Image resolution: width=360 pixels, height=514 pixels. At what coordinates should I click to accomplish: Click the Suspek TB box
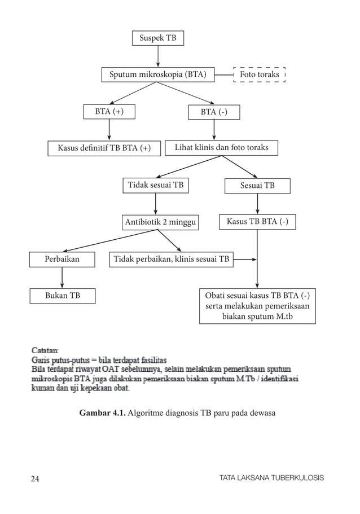157,38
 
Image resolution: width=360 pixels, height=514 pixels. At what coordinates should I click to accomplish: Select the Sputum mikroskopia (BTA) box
157,74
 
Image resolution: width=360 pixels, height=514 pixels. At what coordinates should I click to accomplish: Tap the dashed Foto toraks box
260,74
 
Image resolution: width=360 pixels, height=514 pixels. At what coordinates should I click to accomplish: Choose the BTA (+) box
109,112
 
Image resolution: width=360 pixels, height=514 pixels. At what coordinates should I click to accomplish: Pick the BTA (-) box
214,112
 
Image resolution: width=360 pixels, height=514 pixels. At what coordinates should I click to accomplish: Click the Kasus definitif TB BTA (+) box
104,148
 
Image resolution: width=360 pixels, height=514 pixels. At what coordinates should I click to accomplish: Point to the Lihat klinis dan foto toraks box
221,147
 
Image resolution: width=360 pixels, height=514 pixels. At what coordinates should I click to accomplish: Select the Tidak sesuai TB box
156,185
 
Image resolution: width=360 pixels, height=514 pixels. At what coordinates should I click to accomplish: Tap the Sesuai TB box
257,186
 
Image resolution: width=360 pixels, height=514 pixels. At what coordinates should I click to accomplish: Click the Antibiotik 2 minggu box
161,222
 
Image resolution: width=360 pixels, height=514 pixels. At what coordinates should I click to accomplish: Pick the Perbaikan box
62,260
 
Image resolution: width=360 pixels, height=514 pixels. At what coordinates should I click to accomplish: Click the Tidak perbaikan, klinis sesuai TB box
171,260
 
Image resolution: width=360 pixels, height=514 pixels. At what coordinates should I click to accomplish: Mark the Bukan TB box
62,295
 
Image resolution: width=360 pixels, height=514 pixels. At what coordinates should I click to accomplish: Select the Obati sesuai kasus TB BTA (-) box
257,306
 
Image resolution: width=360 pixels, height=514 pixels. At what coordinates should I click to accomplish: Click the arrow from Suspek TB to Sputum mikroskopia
157,56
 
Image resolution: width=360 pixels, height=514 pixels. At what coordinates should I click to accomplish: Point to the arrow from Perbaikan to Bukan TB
62,278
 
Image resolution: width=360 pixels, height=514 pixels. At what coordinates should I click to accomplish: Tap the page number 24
35,478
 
